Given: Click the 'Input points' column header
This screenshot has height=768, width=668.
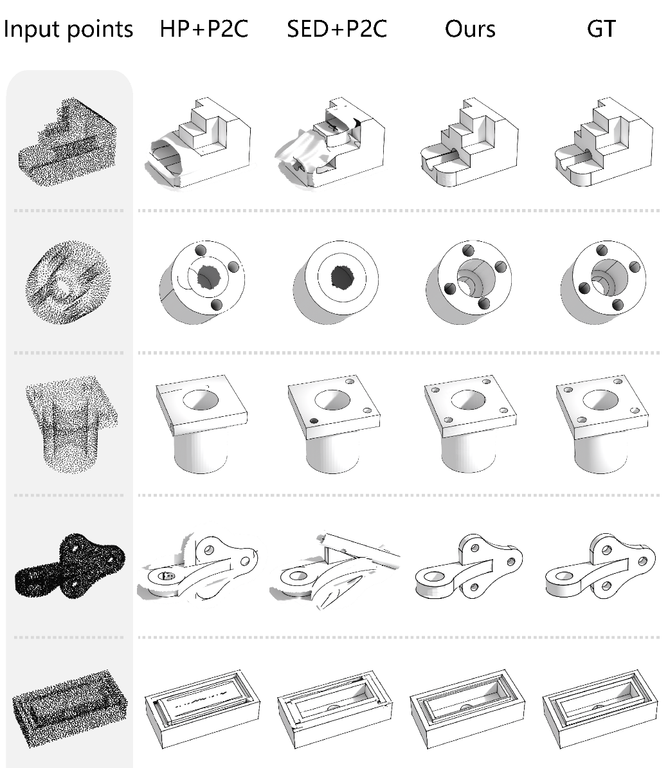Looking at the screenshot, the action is [68, 30].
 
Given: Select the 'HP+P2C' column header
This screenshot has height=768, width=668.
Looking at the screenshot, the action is [204, 29].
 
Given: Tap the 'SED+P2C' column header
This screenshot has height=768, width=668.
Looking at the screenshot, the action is [337, 29].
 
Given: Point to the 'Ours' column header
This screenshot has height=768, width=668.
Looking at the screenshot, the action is [470, 30].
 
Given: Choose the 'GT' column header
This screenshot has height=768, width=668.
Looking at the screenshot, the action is [601, 29].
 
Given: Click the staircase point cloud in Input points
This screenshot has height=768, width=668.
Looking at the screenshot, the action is [68, 142].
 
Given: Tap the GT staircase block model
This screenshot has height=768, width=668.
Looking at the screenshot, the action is [604, 142].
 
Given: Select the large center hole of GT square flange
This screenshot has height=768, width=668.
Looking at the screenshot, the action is [601, 399].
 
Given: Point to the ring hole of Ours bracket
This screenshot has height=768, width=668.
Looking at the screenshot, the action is [433, 577].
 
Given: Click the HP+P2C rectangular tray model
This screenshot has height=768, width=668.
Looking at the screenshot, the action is [203, 708].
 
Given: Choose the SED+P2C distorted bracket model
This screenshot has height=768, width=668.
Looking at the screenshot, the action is [334, 571].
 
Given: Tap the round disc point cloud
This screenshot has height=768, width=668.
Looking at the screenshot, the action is [68, 282].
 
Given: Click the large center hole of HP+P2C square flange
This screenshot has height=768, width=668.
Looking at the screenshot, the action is [201, 399].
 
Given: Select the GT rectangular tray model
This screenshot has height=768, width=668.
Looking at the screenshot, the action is [600, 708].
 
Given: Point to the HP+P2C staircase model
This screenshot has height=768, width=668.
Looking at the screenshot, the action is [199, 143].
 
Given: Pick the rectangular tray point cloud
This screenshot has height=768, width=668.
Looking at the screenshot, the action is [70, 708].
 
